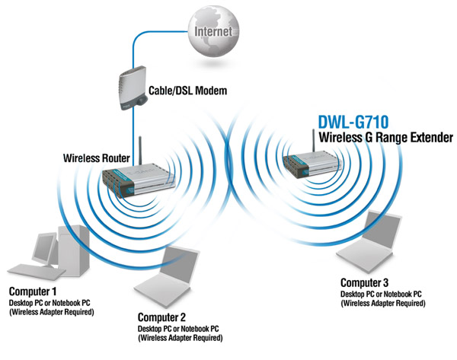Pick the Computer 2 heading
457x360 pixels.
click(x=164, y=315)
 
